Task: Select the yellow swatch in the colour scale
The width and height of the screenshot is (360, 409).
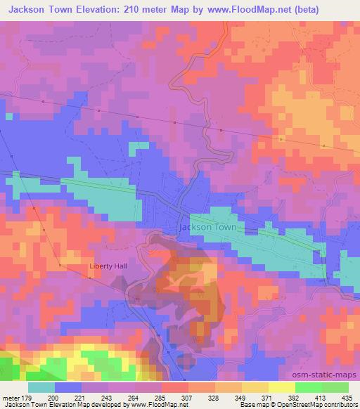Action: coord(282,387)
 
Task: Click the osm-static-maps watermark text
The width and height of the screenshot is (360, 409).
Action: coord(329,375)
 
